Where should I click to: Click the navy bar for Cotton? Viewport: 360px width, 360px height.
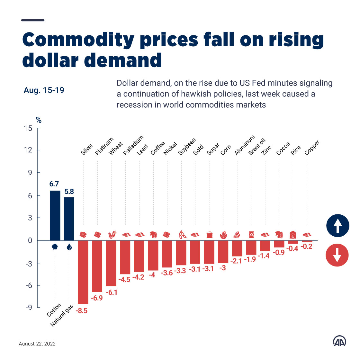tap(55, 215)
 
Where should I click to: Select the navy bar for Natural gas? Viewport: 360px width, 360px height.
tap(69, 219)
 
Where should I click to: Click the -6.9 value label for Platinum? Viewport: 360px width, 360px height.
tap(96, 298)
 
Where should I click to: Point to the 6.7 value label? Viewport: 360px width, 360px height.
tap(54, 184)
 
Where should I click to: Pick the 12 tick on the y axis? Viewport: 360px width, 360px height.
tap(28, 150)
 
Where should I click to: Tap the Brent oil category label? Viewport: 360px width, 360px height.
tap(257, 147)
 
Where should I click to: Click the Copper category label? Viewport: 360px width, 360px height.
tap(312, 148)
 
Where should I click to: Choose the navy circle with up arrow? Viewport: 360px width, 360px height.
tap(337, 225)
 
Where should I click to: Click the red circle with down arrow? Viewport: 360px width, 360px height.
tap(337, 255)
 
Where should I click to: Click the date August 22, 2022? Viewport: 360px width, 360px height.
tap(37, 344)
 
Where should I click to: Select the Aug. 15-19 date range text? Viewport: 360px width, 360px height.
tap(44, 90)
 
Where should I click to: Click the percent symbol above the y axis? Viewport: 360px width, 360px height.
tap(39, 120)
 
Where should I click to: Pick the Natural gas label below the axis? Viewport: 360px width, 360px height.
tap(62, 316)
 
